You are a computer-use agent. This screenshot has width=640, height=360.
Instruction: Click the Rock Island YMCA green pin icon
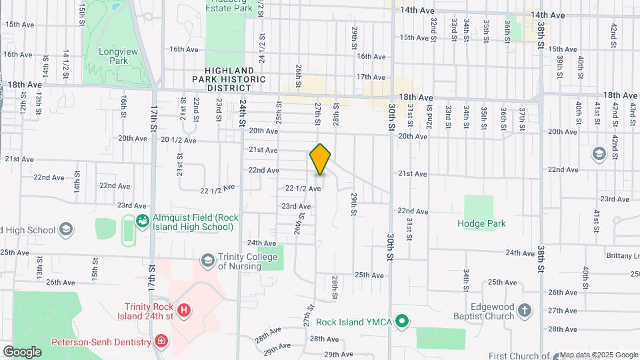pyautogui.click(x=401, y=321)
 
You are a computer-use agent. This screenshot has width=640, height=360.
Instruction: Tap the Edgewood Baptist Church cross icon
pyautogui.click(x=525, y=311)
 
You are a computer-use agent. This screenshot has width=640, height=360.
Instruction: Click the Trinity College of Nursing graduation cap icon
pyautogui.click(x=207, y=259)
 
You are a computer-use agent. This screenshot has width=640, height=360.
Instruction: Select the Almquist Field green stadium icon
pyautogui.click(x=142, y=220)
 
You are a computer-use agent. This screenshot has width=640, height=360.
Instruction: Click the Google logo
pyautogui.click(x=22, y=351)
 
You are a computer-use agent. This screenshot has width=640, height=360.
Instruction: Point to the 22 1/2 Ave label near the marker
pyautogui.click(x=303, y=189)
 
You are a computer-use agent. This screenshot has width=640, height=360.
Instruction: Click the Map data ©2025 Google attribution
pyautogui.click(x=599, y=355)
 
